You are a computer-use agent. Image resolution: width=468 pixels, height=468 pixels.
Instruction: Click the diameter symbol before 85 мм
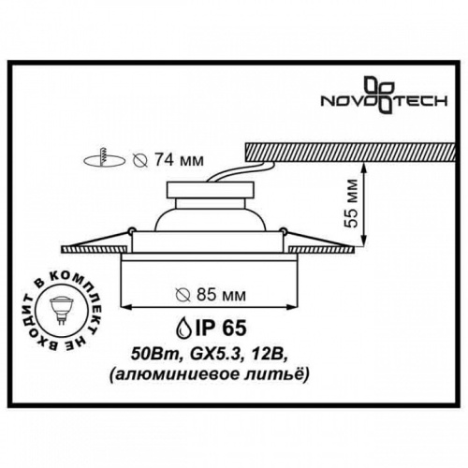pyautogui.click(x=184, y=296)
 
